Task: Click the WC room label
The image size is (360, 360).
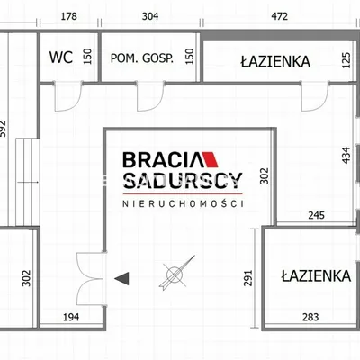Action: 61,57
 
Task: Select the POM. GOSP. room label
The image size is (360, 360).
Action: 142,58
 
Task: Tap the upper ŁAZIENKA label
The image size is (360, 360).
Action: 275,61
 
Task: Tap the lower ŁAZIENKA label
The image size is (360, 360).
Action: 316,275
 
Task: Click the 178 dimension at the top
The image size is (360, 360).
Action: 69,16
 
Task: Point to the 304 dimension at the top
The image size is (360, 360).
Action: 150,16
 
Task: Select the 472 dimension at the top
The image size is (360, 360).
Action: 279,16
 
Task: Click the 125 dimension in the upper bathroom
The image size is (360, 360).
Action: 346,60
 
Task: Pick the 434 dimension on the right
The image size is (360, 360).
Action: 346,155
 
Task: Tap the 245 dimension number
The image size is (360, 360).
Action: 317,215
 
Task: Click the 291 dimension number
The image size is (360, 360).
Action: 248,278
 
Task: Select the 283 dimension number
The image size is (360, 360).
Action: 310,317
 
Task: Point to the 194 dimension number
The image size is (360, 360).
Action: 71,317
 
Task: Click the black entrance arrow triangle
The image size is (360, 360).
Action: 121,278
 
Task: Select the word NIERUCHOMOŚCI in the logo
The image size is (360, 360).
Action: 183,203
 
